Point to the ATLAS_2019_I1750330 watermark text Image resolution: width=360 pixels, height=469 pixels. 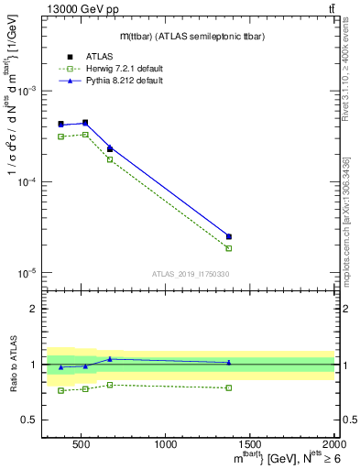tap(190, 273)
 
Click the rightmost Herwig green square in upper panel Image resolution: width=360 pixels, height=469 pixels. tap(229, 248)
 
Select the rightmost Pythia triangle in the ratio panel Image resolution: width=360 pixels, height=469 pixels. tap(229, 362)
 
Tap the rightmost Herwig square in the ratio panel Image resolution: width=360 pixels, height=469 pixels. tap(229, 387)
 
